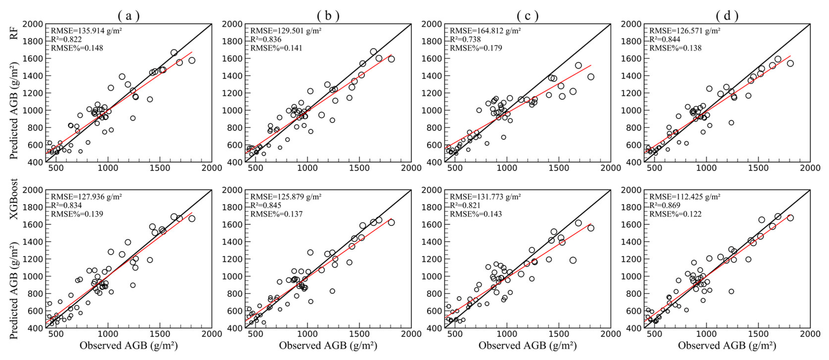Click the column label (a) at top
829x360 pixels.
click(x=129, y=15)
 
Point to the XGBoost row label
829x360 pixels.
click(x=14, y=199)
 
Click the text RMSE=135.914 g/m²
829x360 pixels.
click(x=86, y=31)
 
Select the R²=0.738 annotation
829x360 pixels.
click(x=465, y=40)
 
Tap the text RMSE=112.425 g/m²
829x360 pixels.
click(x=685, y=197)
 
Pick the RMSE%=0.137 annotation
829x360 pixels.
click(x=276, y=214)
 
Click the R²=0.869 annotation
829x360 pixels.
click(x=665, y=205)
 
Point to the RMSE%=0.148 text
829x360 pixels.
click(x=77, y=48)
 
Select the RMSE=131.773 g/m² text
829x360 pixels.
click(x=485, y=197)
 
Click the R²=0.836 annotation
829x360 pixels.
click(x=266, y=40)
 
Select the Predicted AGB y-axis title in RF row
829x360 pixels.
click(x=14, y=111)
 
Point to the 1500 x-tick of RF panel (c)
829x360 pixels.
click(x=559, y=168)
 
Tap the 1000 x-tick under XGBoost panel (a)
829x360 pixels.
click(x=108, y=334)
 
